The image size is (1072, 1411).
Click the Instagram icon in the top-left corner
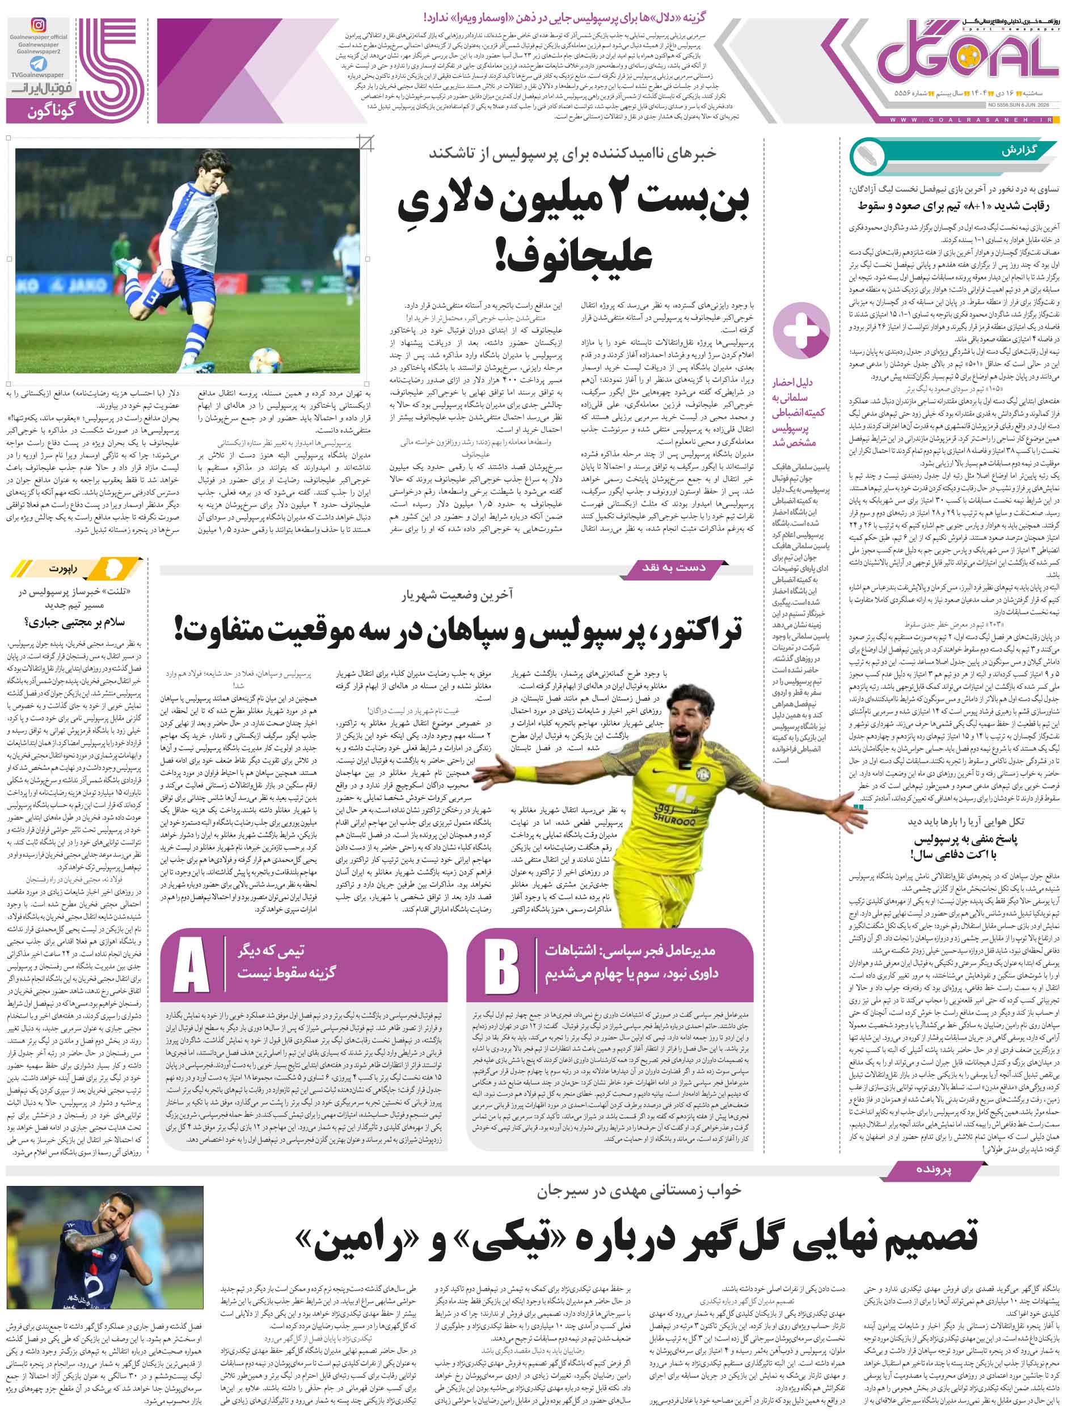pos(39,26)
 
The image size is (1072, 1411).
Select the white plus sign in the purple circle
pos(801,331)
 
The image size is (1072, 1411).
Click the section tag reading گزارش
pos(1020,151)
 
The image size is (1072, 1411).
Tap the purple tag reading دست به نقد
pos(674,567)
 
